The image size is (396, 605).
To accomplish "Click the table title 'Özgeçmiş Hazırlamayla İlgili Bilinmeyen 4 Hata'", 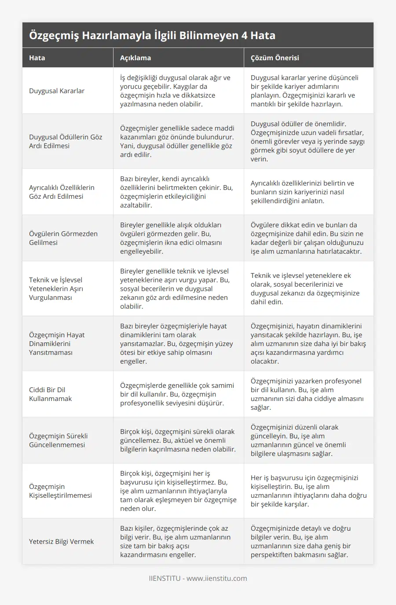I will pyautogui.click(x=152, y=36).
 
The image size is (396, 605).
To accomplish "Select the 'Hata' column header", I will pyautogui.click(x=37, y=58).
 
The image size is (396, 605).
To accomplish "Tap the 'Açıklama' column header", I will pyautogui.click(x=136, y=58).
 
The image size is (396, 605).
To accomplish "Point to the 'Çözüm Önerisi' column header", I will pyautogui.click(x=275, y=58).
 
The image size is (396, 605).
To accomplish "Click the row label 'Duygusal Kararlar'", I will pyautogui.click(x=57, y=91).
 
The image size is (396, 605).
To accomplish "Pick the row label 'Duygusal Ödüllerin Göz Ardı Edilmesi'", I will pyautogui.click(x=65, y=141).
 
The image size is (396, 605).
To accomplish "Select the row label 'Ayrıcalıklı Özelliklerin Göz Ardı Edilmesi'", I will pyautogui.click(x=62, y=192).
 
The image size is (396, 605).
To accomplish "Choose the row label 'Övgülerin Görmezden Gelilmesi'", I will pyautogui.click(x=63, y=238).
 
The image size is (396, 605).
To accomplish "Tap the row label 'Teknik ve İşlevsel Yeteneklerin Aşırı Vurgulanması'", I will pyautogui.click(x=56, y=288).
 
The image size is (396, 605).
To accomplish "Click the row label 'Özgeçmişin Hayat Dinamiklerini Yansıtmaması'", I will pyautogui.click(x=57, y=343).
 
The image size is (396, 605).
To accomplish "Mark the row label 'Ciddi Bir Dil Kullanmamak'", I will pyautogui.click(x=50, y=394).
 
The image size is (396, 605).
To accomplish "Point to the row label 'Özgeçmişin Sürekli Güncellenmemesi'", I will pyautogui.click(x=58, y=440).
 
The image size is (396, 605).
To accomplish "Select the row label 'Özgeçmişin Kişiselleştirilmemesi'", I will pyautogui.click(x=60, y=491).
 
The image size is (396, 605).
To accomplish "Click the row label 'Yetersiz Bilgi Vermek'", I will pyautogui.click(x=61, y=542).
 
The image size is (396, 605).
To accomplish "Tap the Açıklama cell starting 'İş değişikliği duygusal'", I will pyautogui.click(x=175, y=91).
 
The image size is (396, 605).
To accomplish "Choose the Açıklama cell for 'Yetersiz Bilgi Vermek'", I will pyautogui.click(x=175, y=542).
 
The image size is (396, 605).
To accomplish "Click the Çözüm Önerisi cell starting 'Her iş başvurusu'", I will pyautogui.click(x=308, y=491).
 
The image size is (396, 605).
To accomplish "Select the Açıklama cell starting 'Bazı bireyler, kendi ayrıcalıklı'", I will pyautogui.click(x=176, y=192).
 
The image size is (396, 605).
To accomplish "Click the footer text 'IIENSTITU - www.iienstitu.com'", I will pyautogui.click(x=198, y=578).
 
